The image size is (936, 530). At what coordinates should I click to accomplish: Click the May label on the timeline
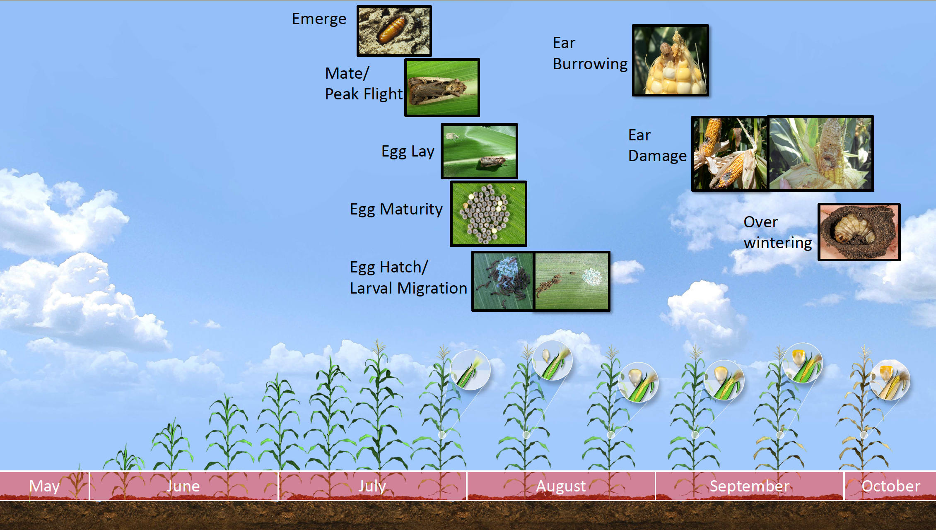(44, 486)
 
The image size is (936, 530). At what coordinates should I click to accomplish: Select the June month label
(183, 486)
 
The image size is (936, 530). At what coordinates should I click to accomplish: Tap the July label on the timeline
(372, 486)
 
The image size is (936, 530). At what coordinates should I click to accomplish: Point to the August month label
(561, 487)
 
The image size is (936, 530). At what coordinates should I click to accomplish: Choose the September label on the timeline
(750, 487)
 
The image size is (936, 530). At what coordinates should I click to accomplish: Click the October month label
(891, 486)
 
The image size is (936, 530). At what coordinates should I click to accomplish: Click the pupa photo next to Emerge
(394, 31)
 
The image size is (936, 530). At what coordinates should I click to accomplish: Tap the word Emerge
(319, 19)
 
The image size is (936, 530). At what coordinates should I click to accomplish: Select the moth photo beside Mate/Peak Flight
(442, 88)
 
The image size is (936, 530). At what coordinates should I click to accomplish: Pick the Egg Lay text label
(408, 152)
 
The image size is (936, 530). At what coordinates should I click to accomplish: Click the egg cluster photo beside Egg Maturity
(488, 214)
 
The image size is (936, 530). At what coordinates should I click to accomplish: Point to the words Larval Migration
(408, 288)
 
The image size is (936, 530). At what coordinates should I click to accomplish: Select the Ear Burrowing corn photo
(670, 60)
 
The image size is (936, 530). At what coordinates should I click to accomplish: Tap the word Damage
(657, 156)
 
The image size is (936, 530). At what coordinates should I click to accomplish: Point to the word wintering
(778, 243)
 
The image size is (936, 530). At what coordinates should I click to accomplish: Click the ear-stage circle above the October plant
(890, 380)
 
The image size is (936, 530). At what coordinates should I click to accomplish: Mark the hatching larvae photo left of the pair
(503, 282)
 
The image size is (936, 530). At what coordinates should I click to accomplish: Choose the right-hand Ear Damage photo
(820, 154)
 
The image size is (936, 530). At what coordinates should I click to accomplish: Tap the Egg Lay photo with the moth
(479, 151)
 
